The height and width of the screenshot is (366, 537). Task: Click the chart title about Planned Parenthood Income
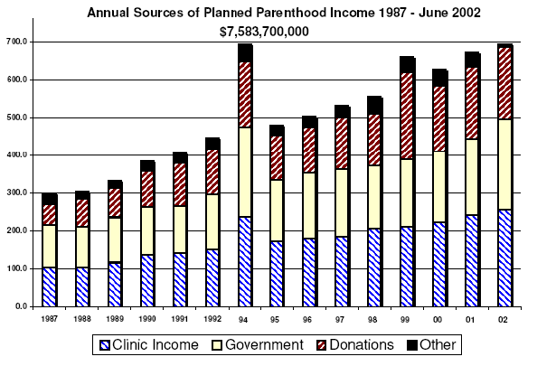click(284, 13)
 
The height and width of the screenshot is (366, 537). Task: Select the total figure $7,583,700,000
click(264, 32)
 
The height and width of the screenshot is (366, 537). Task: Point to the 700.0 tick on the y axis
click(17, 42)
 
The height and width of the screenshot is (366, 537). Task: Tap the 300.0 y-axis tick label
click(17, 192)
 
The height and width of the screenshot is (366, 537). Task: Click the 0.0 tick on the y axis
click(21, 306)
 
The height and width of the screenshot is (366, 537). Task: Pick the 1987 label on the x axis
click(50, 319)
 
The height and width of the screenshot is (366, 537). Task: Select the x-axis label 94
click(243, 320)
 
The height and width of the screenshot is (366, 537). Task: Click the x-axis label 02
click(503, 320)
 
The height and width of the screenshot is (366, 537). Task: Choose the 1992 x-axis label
click(212, 319)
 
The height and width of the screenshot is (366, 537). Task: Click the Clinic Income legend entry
click(149, 345)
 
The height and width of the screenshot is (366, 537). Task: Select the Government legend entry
click(258, 345)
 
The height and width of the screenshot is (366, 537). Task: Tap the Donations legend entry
click(355, 345)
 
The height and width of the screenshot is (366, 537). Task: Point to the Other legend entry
click(432, 345)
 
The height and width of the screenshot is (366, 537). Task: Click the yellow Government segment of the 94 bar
click(245, 173)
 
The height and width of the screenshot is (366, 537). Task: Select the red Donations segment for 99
click(407, 116)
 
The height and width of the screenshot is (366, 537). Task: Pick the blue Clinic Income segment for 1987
click(49, 286)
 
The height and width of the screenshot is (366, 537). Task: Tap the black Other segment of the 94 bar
click(245, 52)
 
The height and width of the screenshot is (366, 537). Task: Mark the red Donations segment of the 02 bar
click(504, 83)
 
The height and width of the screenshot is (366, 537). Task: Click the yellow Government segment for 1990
click(147, 230)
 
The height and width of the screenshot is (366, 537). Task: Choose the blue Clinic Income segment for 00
click(439, 264)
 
